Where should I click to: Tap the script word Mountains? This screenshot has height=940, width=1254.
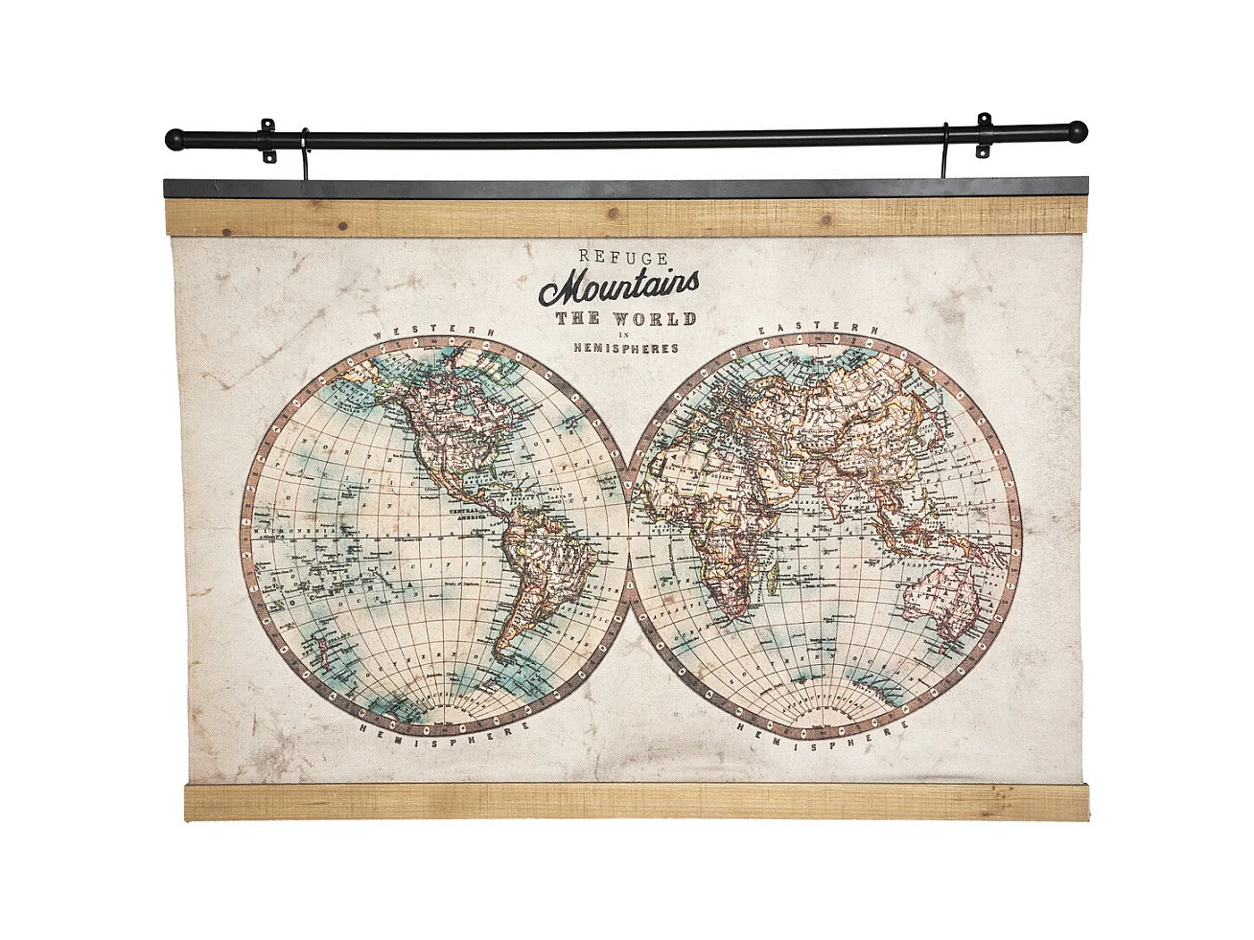tap(618, 285)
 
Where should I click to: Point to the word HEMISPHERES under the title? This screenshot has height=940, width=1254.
tap(625, 349)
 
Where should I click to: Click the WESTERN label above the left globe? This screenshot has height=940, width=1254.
tap(434, 331)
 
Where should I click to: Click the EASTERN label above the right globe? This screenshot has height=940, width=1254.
tap(819, 328)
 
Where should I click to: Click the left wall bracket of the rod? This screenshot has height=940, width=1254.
tap(267, 140)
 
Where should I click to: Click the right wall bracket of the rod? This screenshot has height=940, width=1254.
tap(984, 135)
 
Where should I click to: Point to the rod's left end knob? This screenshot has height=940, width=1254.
tap(174, 140)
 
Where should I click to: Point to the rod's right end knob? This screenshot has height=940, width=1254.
tap(1079, 129)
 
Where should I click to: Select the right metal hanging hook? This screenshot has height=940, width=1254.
tap(944, 153)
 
